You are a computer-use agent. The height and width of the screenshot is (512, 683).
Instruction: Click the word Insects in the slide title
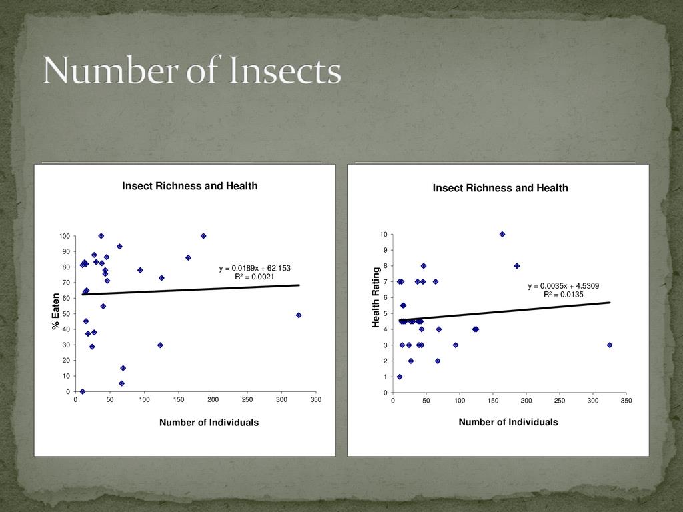285,72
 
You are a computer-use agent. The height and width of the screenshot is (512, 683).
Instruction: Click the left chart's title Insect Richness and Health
189,186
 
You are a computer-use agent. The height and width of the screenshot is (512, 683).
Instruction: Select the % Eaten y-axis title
56,312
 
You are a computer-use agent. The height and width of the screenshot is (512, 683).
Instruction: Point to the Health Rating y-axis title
376,297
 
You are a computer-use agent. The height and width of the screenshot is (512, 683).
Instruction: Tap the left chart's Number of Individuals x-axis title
209,423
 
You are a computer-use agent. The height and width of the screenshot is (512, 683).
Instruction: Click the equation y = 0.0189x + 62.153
255,269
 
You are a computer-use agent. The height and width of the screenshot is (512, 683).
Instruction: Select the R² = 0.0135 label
564,294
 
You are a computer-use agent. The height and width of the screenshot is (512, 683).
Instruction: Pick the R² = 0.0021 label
255,277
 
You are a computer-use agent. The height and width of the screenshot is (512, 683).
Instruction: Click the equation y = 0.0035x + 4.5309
564,286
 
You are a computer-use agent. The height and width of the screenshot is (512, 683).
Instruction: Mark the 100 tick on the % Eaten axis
64,236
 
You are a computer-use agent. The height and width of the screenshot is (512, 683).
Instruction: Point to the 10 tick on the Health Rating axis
384,234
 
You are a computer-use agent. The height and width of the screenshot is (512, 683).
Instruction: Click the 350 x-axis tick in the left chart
315,399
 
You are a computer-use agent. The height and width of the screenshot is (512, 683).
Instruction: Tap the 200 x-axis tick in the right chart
526,400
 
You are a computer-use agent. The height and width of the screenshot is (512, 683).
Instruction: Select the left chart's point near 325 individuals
299,315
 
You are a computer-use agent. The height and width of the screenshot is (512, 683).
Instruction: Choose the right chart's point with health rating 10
502,234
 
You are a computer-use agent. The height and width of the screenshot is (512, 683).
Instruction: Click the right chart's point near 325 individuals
610,345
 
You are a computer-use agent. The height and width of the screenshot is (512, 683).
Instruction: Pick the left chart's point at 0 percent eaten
83,391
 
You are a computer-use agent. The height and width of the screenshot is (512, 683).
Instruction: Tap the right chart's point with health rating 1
400,377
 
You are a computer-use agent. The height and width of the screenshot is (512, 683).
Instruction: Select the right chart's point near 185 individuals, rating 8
517,265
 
